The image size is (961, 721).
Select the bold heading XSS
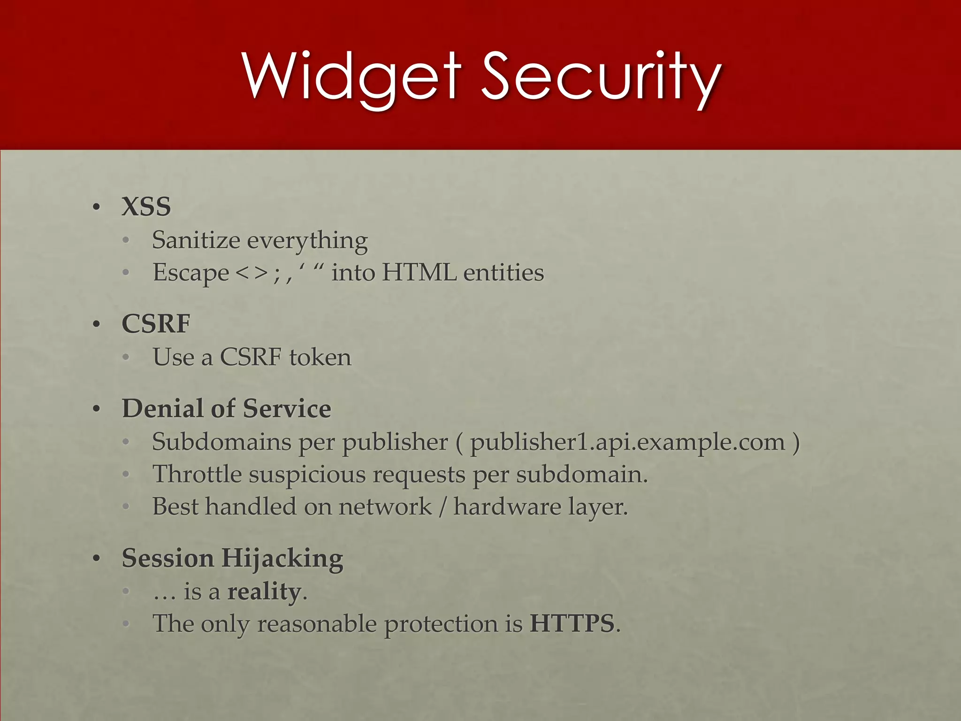point(146,207)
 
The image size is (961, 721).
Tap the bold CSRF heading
point(156,323)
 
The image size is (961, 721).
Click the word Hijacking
point(282,559)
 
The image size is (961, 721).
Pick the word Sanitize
point(196,240)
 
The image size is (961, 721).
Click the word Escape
point(191,273)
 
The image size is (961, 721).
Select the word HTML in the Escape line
point(419,272)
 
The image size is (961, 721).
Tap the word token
point(320,357)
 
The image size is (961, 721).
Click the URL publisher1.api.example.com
point(627,442)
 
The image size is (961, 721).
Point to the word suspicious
point(307,474)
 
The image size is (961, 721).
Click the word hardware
point(507,506)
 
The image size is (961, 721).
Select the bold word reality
point(264,591)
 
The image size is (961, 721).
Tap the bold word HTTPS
point(572,623)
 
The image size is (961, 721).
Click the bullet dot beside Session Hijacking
point(97,559)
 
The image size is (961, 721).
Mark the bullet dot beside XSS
point(97,207)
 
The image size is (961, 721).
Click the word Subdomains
point(221,442)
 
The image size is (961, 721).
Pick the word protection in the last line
point(441,624)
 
